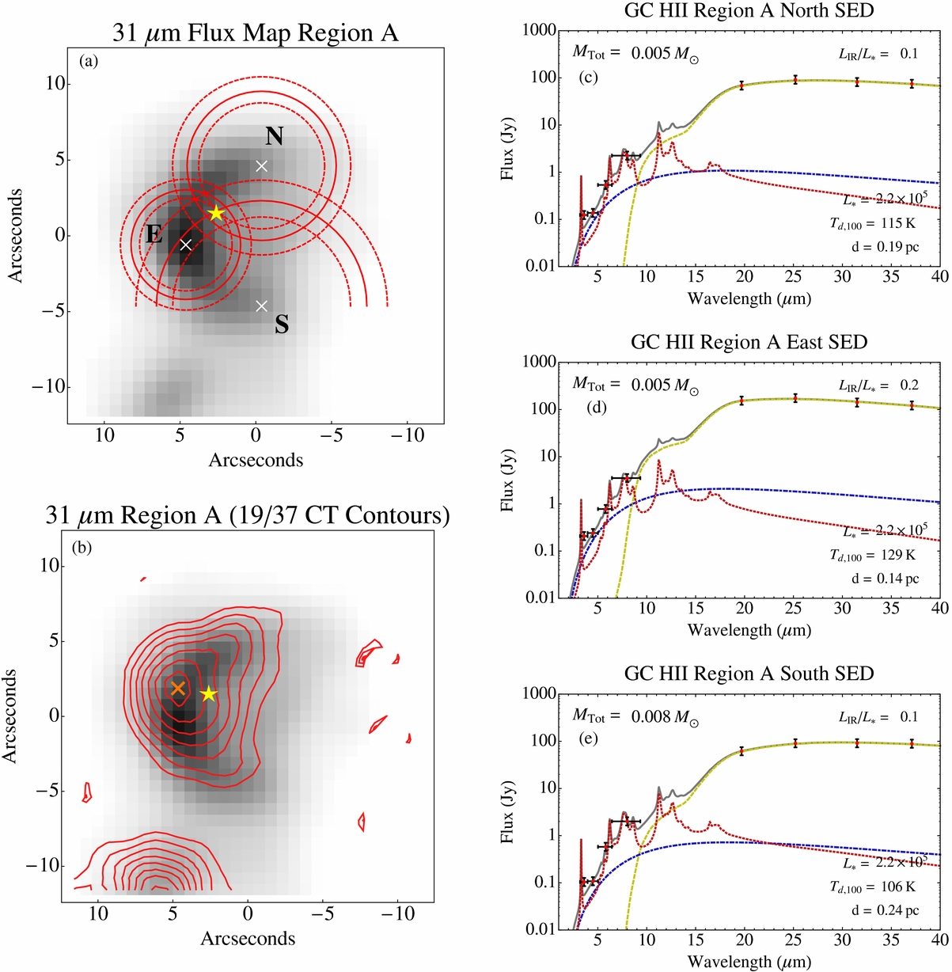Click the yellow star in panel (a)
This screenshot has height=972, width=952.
(217, 214)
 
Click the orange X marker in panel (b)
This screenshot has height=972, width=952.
(178, 688)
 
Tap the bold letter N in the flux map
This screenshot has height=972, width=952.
(274, 136)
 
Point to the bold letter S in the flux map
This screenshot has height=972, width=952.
(282, 325)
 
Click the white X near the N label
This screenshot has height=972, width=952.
(262, 166)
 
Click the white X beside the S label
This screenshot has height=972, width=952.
(262, 306)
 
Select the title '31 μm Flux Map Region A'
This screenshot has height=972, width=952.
(255, 33)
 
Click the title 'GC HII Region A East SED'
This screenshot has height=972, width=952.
(749, 342)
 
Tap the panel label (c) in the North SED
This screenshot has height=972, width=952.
(588, 77)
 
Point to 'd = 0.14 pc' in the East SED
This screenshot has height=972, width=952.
(885, 579)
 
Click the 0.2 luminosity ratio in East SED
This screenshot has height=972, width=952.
(909, 385)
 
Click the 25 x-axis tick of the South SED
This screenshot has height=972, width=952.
(793, 940)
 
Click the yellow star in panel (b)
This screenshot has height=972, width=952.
(208, 694)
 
